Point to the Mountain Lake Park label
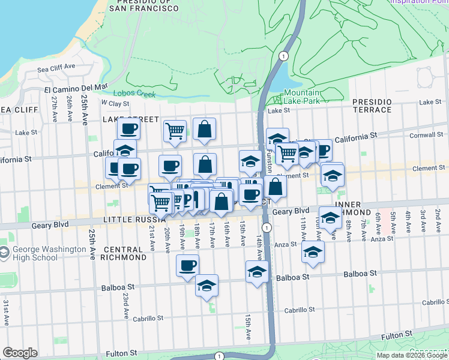click(301, 97)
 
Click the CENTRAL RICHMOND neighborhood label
click(125, 253)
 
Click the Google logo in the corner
click(20, 353)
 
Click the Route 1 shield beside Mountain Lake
click(283, 55)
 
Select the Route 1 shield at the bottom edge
click(219, 356)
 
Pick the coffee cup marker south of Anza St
click(187, 265)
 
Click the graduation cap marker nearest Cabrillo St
click(207, 286)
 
